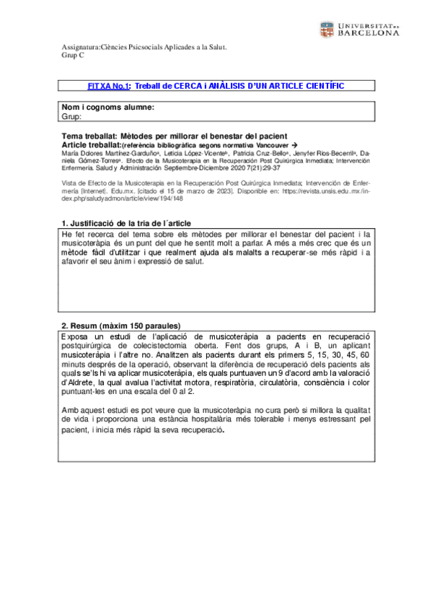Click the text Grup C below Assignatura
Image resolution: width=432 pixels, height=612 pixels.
pos(73,56)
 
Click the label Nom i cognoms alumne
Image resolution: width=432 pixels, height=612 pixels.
pos(107,107)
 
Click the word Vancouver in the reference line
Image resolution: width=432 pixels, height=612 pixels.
pos(269,144)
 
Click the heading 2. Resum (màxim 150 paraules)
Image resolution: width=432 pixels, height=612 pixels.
pos(120,325)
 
